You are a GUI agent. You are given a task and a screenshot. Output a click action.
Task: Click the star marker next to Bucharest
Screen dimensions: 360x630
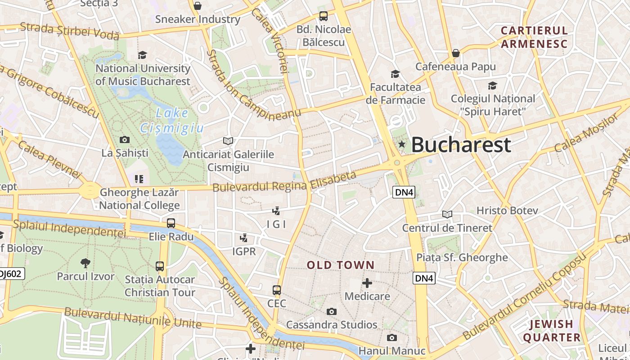(402, 144)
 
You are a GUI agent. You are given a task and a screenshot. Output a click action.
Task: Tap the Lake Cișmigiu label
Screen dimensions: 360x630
(172, 121)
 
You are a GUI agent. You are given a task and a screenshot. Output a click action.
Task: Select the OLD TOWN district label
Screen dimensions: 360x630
(340, 265)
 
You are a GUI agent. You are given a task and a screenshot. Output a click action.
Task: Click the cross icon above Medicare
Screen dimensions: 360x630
(367, 283)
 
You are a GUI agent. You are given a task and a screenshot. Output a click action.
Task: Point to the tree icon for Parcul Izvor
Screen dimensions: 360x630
(85, 263)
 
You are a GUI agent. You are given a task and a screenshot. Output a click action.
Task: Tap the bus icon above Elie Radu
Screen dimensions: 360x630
(171, 223)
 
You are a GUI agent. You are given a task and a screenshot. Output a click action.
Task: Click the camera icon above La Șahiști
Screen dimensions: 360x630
(125, 140)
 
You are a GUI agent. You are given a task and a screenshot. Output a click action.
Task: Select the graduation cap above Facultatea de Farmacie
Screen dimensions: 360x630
(395, 74)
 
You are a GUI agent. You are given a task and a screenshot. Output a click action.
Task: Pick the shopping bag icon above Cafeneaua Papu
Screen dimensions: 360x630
(455, 53)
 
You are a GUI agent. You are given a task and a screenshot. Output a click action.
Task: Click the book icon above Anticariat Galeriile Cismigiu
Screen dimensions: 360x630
(228, 141)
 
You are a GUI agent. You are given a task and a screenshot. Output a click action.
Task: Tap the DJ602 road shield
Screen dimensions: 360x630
(11, 274)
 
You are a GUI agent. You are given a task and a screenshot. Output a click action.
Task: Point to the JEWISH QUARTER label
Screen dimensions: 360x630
(551, 331)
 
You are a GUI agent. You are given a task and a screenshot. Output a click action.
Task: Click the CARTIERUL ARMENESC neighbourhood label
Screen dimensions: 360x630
(534, 37)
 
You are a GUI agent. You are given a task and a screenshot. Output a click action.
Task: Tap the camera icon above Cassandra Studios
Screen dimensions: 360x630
(332, 311)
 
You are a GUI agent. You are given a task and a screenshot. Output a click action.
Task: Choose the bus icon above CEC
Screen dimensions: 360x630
(277, 290)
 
